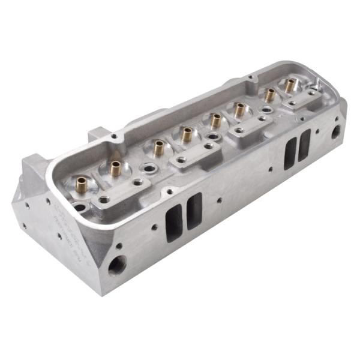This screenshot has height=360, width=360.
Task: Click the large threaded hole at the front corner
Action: [x=117, y=265]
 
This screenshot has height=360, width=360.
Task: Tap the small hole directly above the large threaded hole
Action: [x=119, y=245]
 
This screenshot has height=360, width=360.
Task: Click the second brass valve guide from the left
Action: [x=115, y=168]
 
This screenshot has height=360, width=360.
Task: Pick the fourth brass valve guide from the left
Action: [x=187, y=134]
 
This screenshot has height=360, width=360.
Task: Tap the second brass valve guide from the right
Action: [x=270, y=94]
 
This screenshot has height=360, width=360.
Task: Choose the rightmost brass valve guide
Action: [x=290, y=85]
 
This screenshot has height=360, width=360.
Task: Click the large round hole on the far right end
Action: [x=336, y=131]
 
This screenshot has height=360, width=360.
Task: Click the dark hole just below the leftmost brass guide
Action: [x=79, y=208]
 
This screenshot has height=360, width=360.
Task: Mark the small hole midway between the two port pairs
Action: [x=220, y=201]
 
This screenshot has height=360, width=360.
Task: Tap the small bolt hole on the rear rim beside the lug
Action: [x=115, y=137]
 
